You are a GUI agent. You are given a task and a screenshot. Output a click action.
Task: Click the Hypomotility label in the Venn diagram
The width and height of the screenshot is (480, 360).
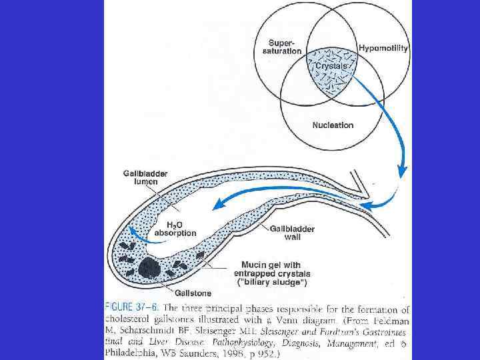pos(383,48)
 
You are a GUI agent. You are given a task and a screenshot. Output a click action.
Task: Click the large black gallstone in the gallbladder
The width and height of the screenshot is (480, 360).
pos(149,269)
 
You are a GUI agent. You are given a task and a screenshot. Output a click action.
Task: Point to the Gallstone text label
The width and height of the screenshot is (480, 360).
pos(193,292)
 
